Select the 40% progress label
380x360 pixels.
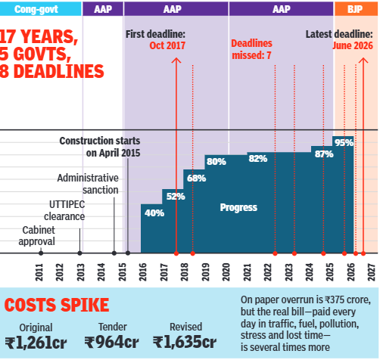point(154,213)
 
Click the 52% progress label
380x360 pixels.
point(176,197)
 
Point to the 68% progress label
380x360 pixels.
point(196,178)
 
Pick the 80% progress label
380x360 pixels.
point(216,162)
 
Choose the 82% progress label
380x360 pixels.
point(258,159)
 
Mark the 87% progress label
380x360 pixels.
point(324,154)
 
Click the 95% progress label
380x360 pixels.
point(344,142)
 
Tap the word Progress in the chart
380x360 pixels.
point(238,207)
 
